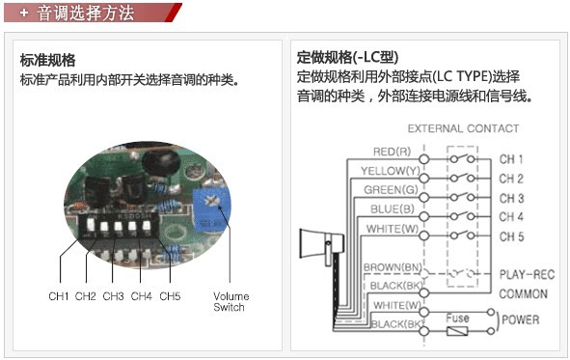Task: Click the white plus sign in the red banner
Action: (x=24, y=14)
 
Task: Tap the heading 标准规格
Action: (x=47, y=61)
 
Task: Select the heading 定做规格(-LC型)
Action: (x=347, y=57)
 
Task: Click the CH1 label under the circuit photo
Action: (x=59, y=296)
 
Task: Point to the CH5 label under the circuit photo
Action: (x=170, y=296)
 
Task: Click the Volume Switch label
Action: (x=231, y=302)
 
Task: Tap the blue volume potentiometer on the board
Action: (x=211, y=209)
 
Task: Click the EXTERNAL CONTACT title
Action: (x=463, y=128)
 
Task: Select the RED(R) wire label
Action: (x=392, y=152)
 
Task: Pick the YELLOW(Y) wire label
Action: (x=391, y=171)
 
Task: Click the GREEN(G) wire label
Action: (x=391, y=190)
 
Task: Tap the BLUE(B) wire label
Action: (x=393, y=209)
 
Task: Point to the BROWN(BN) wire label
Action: (x=393, y=267)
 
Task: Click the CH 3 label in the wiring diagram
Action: (x=511, y=198)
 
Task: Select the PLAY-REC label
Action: (x=527, y=274)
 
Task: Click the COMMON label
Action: (x=523, y=293)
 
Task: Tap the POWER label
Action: (x=520, y=320)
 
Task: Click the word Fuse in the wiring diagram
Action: (x=457, y=318)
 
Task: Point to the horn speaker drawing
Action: (x=321, y=246)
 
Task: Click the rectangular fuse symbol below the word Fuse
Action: (x=457, y=331)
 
